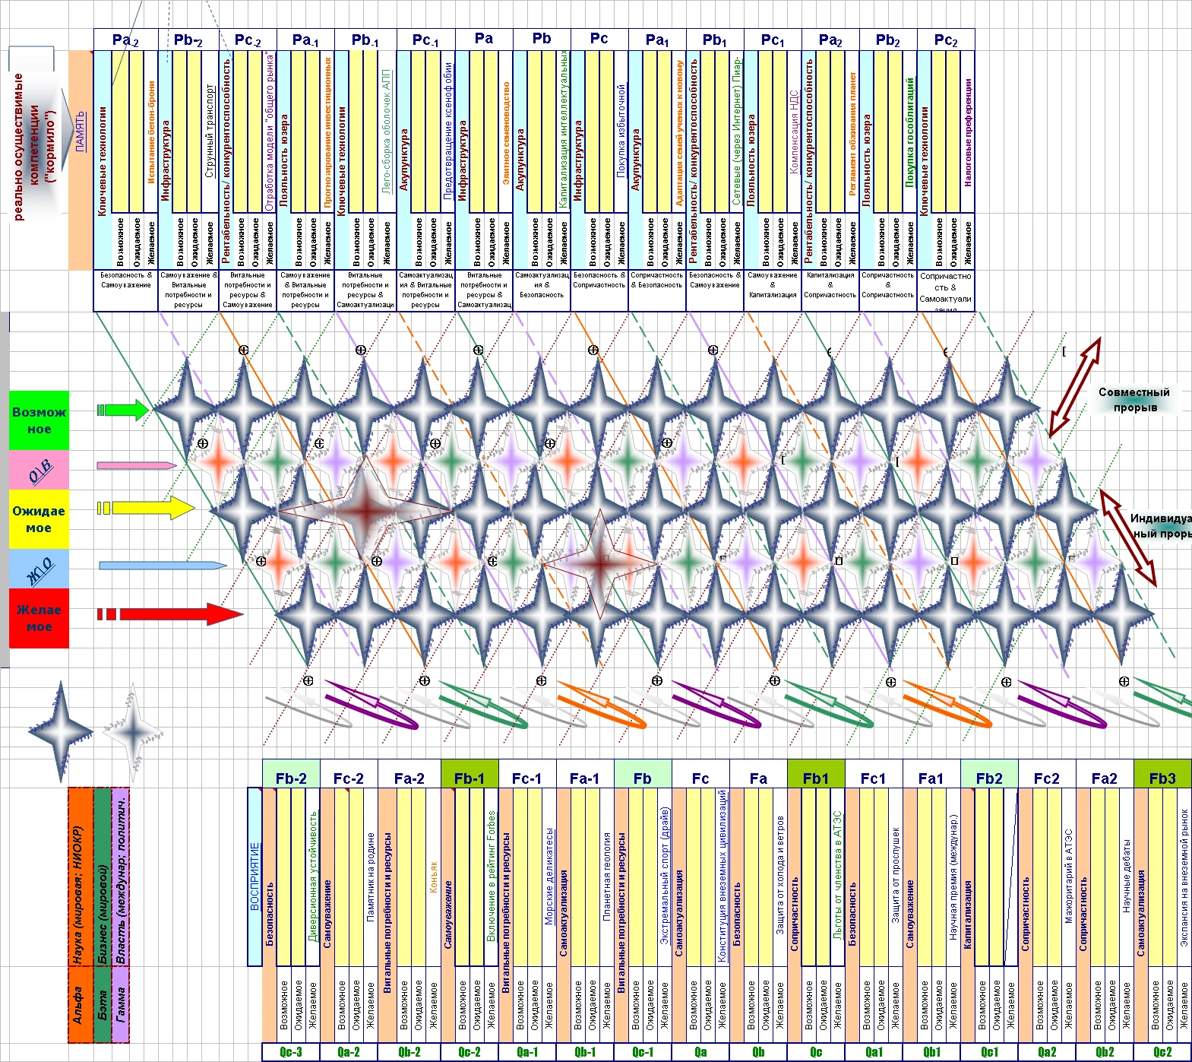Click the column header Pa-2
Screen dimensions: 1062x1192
click(x=125, y=40)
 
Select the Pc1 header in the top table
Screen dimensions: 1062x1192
click(x=773, y=40)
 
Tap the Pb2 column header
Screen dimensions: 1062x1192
click(x=887, y=40)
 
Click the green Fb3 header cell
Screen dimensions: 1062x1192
click(x=1162, y=778)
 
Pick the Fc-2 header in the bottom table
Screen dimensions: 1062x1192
click(x=349, y=778)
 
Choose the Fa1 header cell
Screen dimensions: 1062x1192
click(x=931, y=778)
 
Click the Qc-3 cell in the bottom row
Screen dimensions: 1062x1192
click(x=291, y=1052)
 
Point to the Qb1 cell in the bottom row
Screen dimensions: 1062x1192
click(x=932, y=1052)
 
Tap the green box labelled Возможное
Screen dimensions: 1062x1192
click(x=39, y=420)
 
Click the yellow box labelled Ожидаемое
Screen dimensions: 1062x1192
click(x=39, y=519)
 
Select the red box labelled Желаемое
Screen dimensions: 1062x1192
click(x=39, y=618)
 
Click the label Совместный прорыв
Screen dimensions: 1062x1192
click(x=1134, y=400)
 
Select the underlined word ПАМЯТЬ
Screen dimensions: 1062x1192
click(x=81, y=131)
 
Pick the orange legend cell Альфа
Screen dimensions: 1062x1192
click(x=78, y=1004)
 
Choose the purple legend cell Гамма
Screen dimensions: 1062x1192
click(x=121, y=1004)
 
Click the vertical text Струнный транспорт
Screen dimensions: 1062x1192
click(x=210, y=131)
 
